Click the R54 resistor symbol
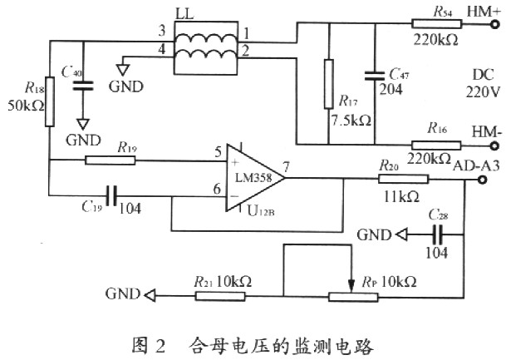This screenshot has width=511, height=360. coord(436,24)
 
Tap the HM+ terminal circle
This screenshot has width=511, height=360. coord(494,24)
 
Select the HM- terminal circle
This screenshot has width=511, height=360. coord(494,145)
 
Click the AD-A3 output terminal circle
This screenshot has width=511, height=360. coord(482,180)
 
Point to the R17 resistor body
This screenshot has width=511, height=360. coord(329,84)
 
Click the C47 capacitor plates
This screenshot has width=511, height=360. coord(375,76)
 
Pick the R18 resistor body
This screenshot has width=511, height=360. coord(50,101)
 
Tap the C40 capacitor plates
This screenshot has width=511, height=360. coord(83,86)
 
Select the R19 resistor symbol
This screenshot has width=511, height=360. coord(111,160)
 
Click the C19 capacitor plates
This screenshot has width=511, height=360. coord(112,196)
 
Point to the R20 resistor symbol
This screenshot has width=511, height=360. coord(404,179)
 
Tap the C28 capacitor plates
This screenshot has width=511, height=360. coord(437,234)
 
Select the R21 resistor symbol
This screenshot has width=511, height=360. coord(220,296)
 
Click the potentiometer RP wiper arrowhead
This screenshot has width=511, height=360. coord(351,286)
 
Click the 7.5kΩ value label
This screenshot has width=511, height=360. coord(351,121)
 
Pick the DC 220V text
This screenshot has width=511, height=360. coord(483,83)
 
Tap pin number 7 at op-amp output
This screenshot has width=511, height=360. coord(286,167)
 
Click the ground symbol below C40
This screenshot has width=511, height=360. coord(83,125)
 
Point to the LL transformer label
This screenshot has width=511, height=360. coord(184,14)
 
